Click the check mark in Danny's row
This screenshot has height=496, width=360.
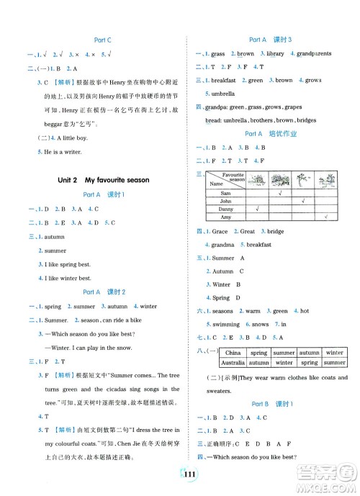point(257,209)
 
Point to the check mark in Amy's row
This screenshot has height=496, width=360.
point(326,217)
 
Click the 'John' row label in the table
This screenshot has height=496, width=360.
point(225,202)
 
